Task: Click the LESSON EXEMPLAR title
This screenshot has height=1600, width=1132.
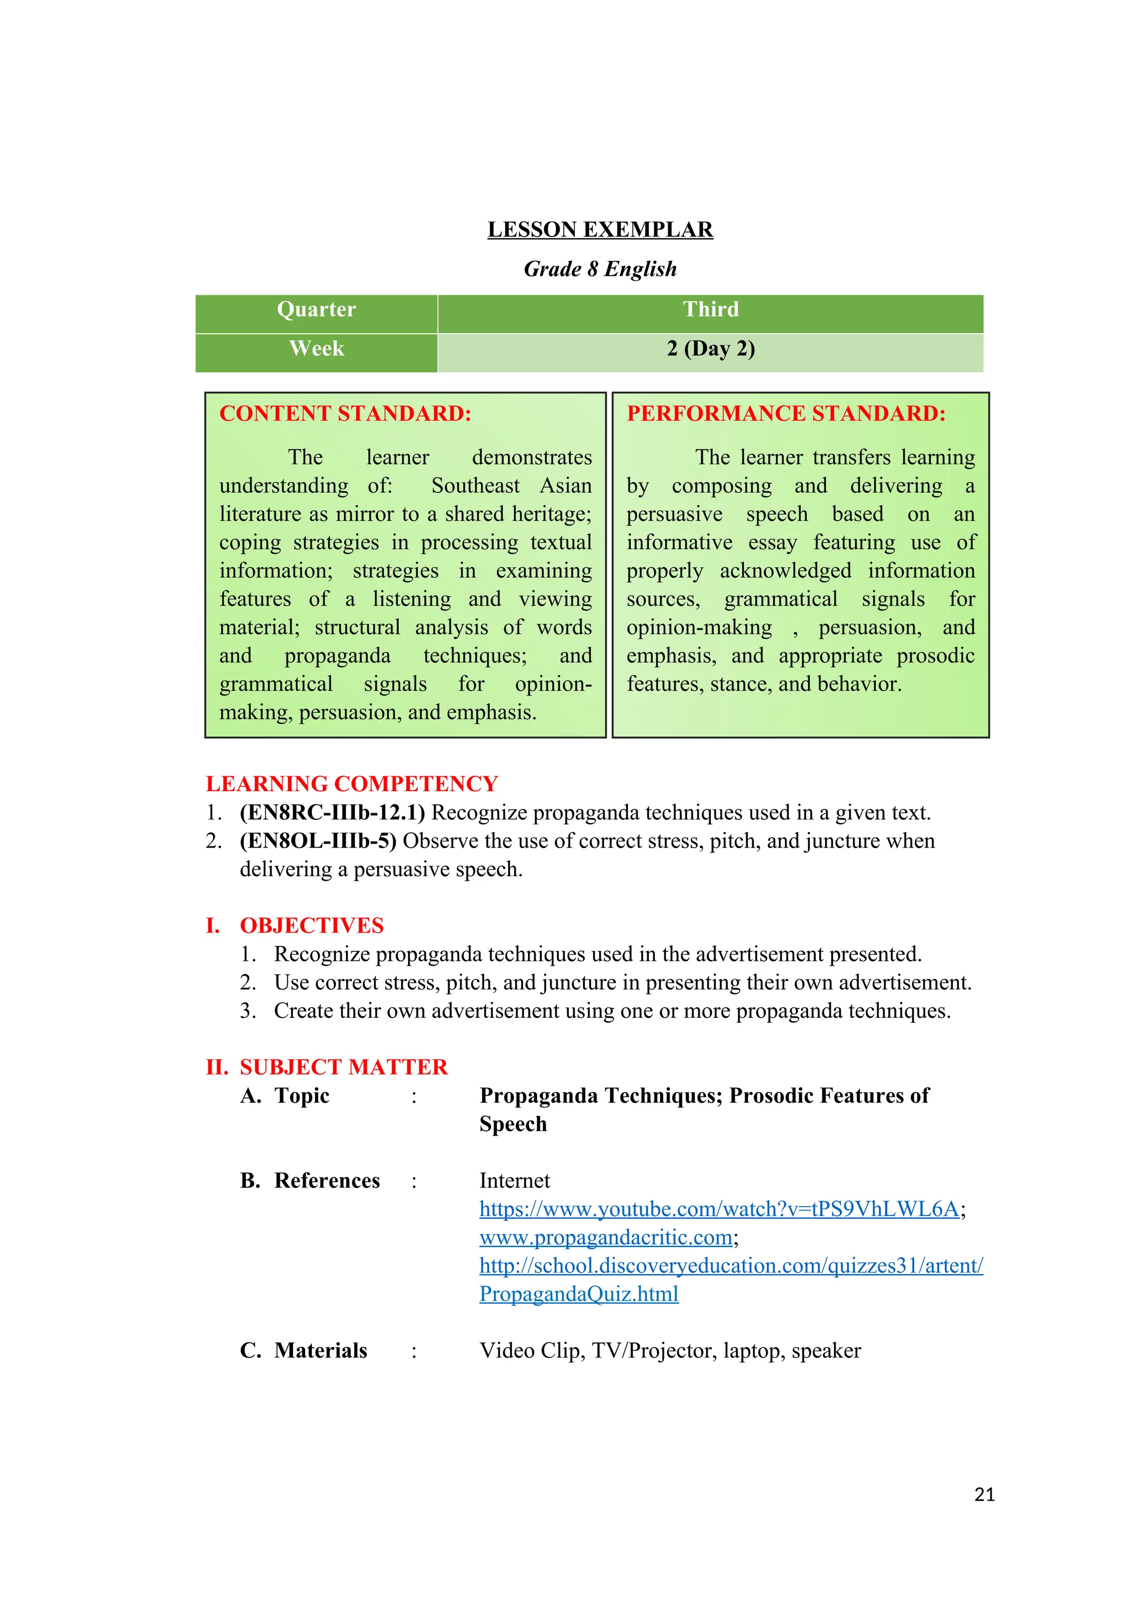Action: pyautogui.click(x=600, y=229)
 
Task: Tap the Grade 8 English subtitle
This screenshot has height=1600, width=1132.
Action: pyautogui.click(x=600, y=269)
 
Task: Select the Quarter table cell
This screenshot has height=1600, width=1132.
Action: pyautogui.click(x=317, y=309)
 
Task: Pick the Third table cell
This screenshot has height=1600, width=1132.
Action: pyautogui.click(x=710, y=309)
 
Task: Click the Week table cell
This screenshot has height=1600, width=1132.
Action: pyautogui.click(x=317, y=349)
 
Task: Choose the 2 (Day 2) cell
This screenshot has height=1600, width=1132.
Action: pyautogui.click(x=710, y=349)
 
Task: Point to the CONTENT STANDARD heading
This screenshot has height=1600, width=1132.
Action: pyautogui.click(x=345, y=413)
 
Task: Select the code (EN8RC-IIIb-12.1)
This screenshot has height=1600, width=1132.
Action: pyautogui.click(x=332, y=813)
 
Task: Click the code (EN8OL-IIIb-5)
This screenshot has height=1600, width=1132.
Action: pyautogui.click(x=318, y=841)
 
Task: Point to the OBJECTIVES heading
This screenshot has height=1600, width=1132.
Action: pyautogui.click(x=312, y=925)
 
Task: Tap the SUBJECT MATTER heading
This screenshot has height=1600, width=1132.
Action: pyautogui.click(x=344, y=1067)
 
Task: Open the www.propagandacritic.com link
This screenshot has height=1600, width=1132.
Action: pyautogui.click(x=606, y=1238)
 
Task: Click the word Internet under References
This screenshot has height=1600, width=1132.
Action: pyautogui.click(x=515, y=1181)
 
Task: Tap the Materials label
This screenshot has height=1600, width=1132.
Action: pyautogui.click(x=320, y=1350)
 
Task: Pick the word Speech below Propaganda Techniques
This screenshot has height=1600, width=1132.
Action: pyautogui.click(x=513, y=1124)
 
